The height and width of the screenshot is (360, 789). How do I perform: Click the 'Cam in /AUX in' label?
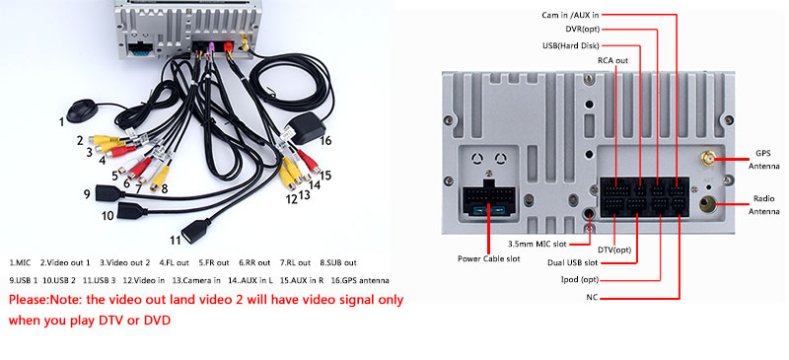click(x=570, y=15)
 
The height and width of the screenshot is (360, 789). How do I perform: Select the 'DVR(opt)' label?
click(x=582, y=30)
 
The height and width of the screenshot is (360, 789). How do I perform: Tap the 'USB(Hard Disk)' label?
click(x=571, y=45)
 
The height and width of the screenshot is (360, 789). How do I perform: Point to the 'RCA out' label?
click(x=612, y=60)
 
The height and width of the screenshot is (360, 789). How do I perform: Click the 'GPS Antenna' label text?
click(x=763, y=159)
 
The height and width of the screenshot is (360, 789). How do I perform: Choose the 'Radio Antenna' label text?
click(x=763, y=205)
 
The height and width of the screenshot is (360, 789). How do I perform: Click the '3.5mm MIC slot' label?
click(x=537, y=245)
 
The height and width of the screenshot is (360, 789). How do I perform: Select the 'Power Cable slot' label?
click(x=488, y=258)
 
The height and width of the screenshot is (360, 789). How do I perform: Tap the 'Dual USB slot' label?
click(x=573, y=262)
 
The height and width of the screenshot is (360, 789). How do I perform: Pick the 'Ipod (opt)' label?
click(x=580, y=280)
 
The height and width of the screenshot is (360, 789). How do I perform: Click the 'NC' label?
click(x=592, y=298)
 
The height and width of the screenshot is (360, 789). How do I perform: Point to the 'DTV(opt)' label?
click(x=613, y=251)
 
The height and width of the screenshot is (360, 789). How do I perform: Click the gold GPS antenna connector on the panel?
click(x=707, y=160)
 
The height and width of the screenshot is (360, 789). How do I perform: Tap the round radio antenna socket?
click(x=708, y=205)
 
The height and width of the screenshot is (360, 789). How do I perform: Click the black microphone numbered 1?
click(x=82, y=111)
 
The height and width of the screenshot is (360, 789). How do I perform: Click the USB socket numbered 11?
click(x=191, y=231)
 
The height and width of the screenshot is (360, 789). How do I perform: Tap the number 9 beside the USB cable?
click(x=87, y=194)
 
